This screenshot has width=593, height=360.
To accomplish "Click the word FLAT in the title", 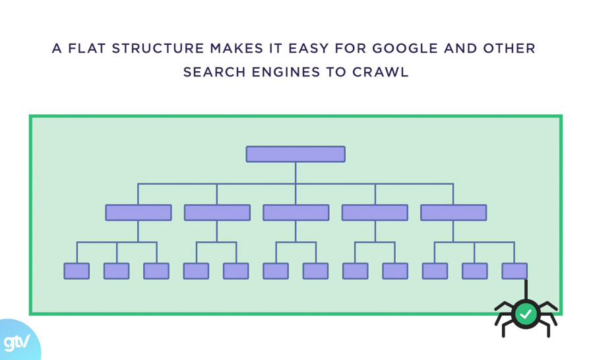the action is tap(86, 49).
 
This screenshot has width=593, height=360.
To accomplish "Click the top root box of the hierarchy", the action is tap(296, 154).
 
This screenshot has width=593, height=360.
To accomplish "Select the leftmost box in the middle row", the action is tap(139, 212).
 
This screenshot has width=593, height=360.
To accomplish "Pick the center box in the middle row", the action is tap(296, 212).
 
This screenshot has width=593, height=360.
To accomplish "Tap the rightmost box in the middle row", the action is tap(453, 212).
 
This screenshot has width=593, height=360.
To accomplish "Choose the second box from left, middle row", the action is tap(217, 212).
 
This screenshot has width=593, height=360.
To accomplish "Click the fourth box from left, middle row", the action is tap(375, 212).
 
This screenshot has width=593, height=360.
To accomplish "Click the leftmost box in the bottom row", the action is tap(77, 271).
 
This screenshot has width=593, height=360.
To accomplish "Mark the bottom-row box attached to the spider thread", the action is tap(515, 271).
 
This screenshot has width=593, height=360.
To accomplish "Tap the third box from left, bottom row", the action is tap(156, 271).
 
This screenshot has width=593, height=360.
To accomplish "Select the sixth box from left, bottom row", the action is tap(276, 271).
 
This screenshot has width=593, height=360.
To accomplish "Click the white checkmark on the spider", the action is tap(526, 315).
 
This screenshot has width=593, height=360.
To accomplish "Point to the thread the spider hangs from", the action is tap(526, 289).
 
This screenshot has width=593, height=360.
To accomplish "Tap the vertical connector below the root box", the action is tap(296, 173).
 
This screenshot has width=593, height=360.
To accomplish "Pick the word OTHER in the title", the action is tap(511, 49).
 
